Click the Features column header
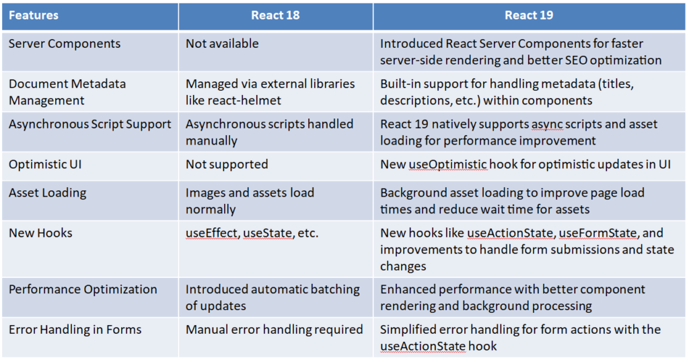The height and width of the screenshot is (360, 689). click(x=34, y=15)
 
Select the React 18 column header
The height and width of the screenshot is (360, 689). click(x=275, y=15)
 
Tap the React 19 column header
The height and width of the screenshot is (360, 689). click(x=529, y=15)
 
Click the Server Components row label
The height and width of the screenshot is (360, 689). click(x=65, y=44)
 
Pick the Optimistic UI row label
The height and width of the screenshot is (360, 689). click(x=45, y=164)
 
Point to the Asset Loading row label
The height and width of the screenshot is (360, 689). click(x=48, y=193)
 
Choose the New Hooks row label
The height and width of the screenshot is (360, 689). click(x=40, y=233)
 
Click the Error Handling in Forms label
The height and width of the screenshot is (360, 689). click(x=75, y=330)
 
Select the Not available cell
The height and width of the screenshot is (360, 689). click(x=222, y=44)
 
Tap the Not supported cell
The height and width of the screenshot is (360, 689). click(x=227, y=165)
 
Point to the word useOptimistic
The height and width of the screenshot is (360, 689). click(x=447, y=165)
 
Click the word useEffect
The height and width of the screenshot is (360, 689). click(x=211, y=233)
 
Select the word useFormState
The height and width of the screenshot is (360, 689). click(x=597, y=233)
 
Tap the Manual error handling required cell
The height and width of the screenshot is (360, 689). click(x=275, y=330)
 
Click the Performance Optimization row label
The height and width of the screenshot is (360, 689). click(x=83, y=289)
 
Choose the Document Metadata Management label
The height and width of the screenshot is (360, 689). click(x=67, y=92)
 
